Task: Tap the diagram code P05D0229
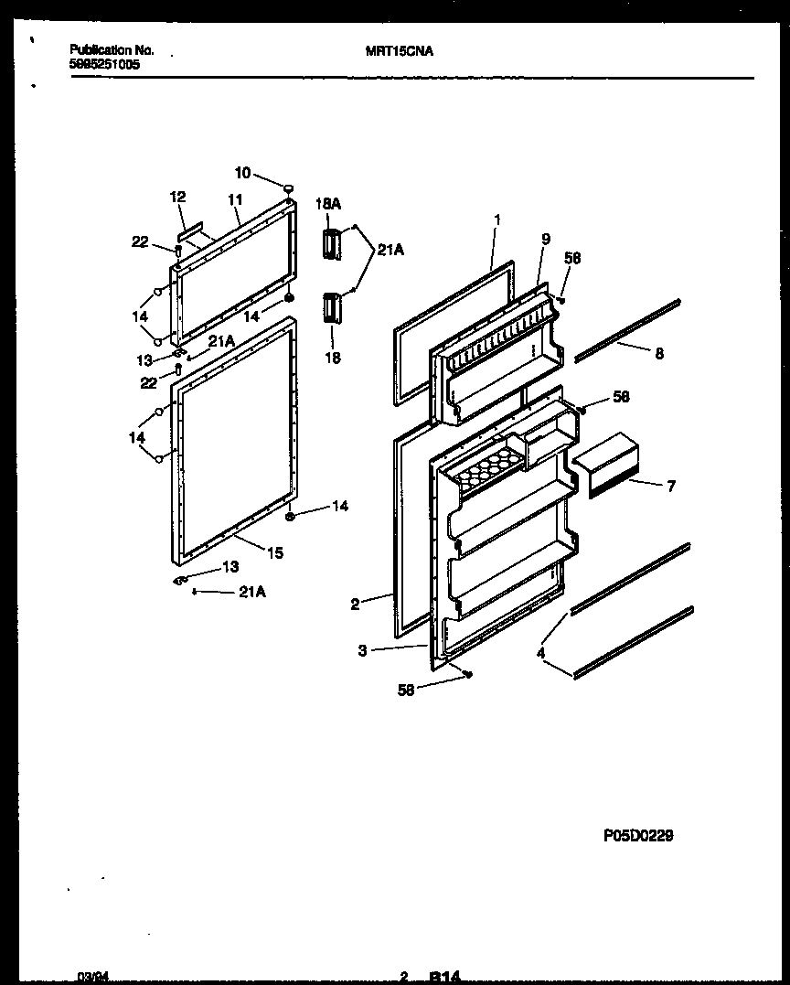coord(638,835)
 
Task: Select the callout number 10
coord(242,173)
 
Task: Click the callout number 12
coord(177,197)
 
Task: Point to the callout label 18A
coord(328,206)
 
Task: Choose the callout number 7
coord(671,486)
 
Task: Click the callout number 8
coord(658,353)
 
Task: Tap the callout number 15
coord(275,552)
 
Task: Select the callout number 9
coord(545,240)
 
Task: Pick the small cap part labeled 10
coord(289,187)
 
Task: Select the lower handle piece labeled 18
coord(331,308)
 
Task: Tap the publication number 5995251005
coord(105,65)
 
